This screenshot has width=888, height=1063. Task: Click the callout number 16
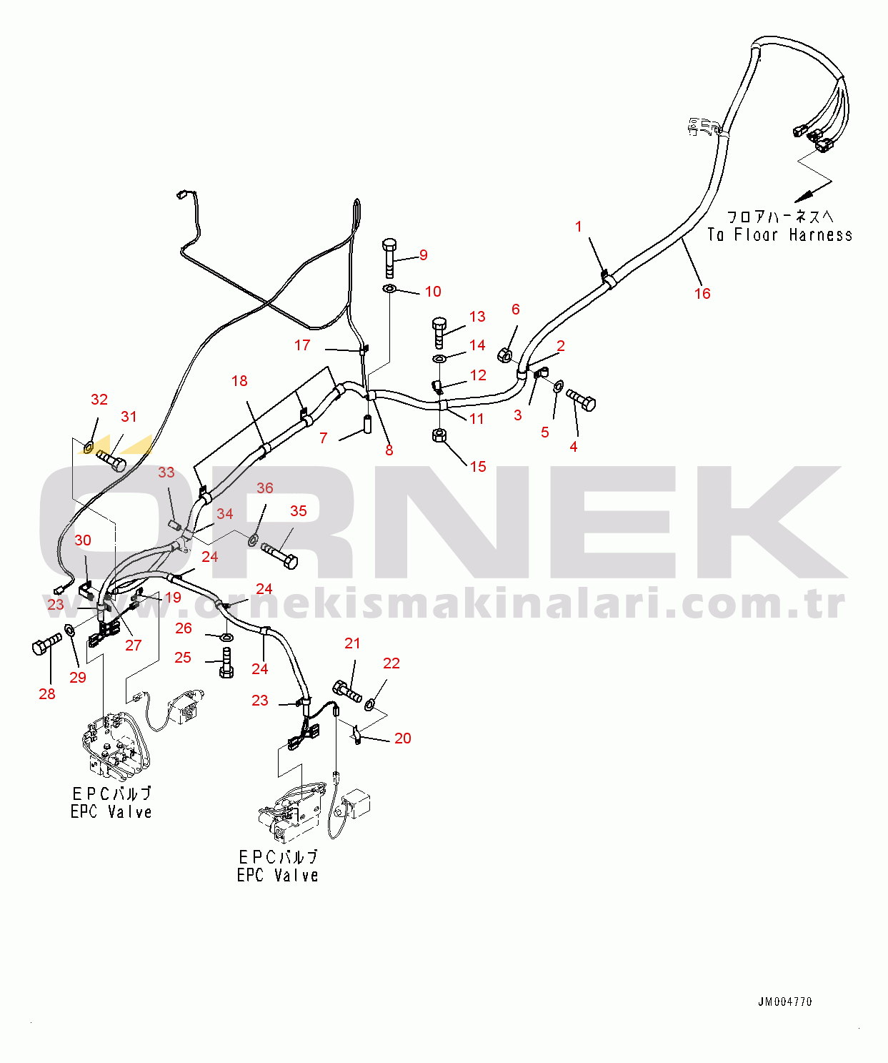pyautogui.click(x=702, y=293)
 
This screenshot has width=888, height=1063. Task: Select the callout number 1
pyautogui.click(x=579, y=227)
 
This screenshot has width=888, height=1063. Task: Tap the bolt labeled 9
pyautogui.click(x=389, y=258)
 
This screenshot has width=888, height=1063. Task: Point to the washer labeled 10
pyautogui.click(x=390, y=289)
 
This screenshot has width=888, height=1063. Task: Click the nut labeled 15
pyautogui.click(x=440, y=435)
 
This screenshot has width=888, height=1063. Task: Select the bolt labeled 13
pyautogui.click(x=439, y=332)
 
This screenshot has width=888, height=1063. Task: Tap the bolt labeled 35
pyautogui.click(x=279, y=555)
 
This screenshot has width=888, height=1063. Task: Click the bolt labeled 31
pyautogui.click(x=111, y=459)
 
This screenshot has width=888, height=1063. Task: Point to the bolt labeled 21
pyautogui.click(x=347, y=691)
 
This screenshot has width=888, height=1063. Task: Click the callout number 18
pyautogui.click(x=239, y=381)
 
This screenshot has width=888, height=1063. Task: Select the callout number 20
pyautogui.click(x=403, y=738)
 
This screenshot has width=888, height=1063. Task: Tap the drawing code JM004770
pyautogui.click(x=784, y=1002)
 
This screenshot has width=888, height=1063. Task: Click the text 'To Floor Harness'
pyautogui.click(x=779, y=234)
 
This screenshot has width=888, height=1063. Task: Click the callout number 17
pyautogui.click(x=302, y=345)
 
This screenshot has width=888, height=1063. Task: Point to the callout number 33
pyautogui.click(x=166, y=473)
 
